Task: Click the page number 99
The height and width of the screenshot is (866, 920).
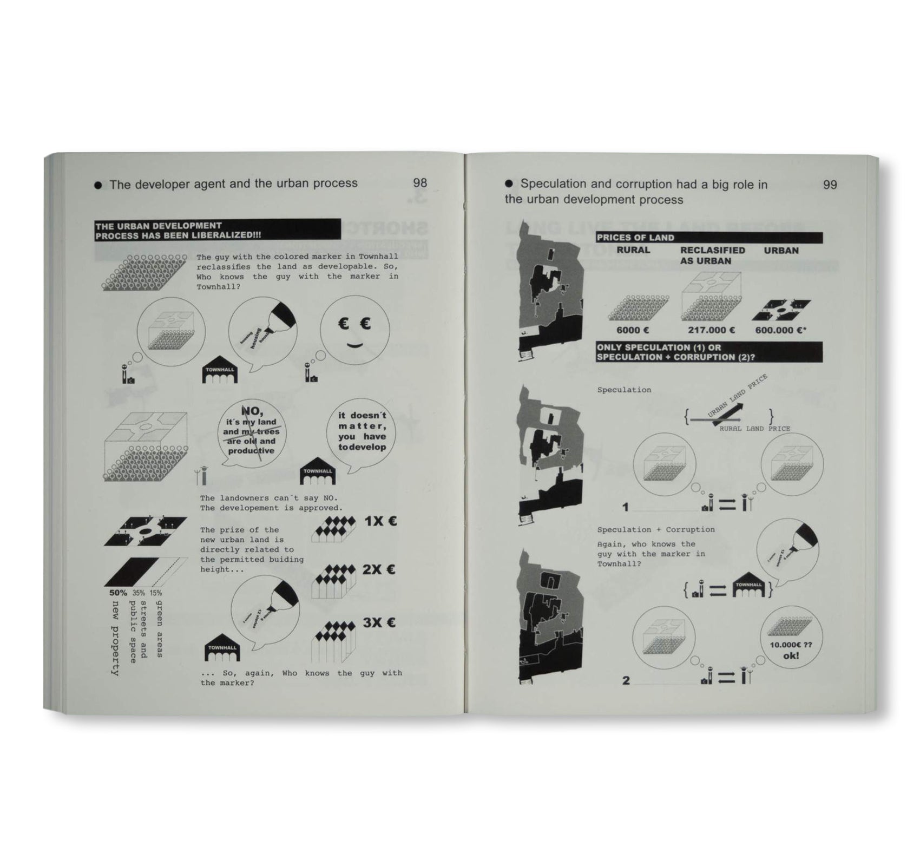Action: click(830, 185)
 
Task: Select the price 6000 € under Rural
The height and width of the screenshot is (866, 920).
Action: click(632, 330)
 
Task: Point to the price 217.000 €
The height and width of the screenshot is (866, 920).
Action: click(711, 330)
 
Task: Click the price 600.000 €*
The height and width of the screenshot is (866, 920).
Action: click(780, 330)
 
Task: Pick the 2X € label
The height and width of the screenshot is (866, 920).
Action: click(379, 569)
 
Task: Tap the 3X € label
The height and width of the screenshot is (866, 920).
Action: click(379, 622)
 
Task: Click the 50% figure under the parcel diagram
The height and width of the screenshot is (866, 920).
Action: click(118, 593)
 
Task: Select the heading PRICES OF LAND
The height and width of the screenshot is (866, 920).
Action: click(635, 238)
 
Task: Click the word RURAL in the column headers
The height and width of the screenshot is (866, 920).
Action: click(633, 251)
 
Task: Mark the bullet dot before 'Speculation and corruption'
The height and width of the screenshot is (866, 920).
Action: click(509, 184)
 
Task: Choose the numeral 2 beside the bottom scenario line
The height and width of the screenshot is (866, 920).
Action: click(626, 680)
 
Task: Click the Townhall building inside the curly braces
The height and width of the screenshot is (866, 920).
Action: click(748, 588)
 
